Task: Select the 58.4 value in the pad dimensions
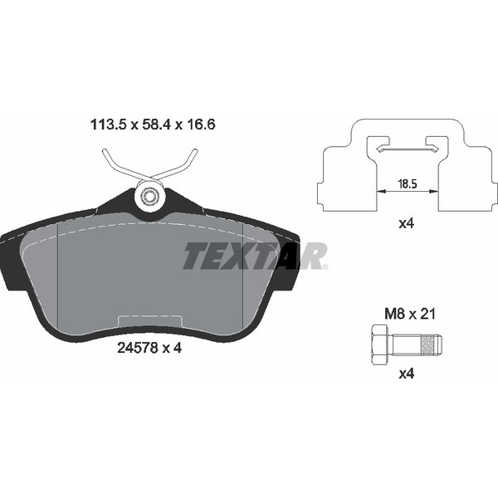(156, 124)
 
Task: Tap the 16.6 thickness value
(200, 124)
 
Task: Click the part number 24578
(138, 349)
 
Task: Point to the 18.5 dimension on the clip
(408, 184)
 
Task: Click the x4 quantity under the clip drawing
(407, 224)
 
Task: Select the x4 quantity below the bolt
(407, 373)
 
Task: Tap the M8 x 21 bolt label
(410, 314)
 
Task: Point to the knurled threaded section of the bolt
(427, 344)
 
